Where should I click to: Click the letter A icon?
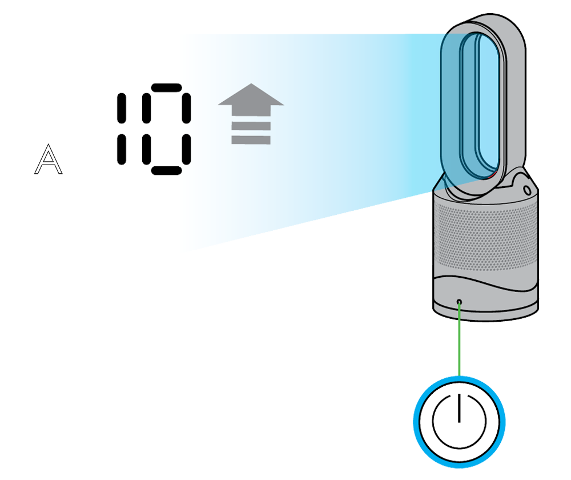point(49,159)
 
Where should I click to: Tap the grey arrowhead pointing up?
point(251,96)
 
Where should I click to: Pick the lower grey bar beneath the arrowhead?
point(251,139)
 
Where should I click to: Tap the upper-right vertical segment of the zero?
point(186,109)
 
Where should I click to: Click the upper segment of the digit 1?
point(121,109)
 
